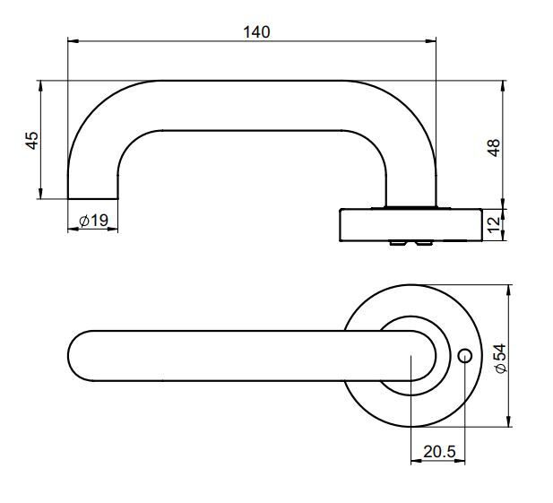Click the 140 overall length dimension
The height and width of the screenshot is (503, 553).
pos(256,31)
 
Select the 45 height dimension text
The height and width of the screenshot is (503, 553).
pos(31,141)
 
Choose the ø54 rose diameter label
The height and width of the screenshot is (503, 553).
pos(500,357)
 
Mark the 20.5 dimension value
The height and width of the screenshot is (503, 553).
pos(437,453)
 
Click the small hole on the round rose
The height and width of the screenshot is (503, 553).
pos(464,357)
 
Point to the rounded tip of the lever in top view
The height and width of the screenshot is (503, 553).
pos(75,357)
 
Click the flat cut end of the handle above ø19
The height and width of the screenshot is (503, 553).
pos(93,197)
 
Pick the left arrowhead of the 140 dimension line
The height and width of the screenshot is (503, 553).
pos(73,41)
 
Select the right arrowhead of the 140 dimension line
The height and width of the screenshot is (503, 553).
pos(432,41)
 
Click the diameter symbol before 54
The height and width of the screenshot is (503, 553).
pos(500,370)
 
